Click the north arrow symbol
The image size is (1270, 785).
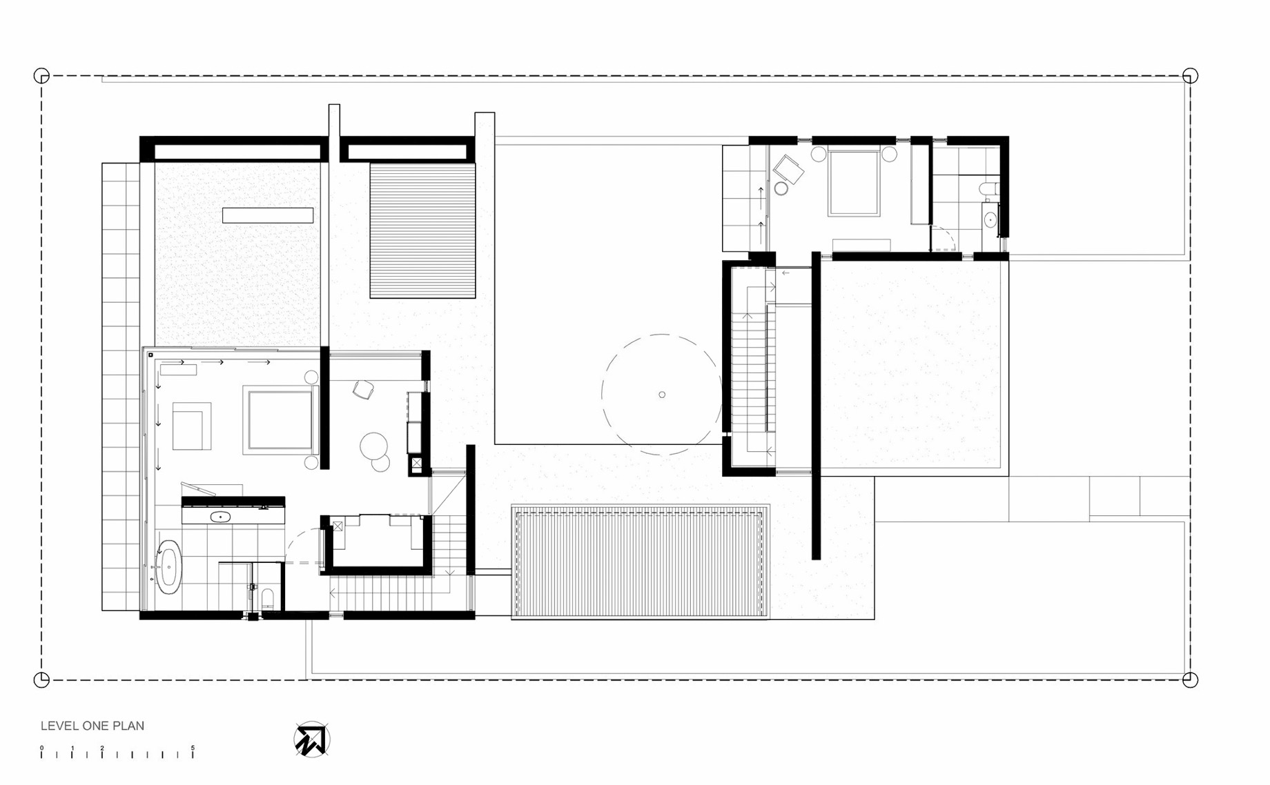tap(311, 740)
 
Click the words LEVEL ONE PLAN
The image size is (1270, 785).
tap(92, 726)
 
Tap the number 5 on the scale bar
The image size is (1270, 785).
tap(193, 748)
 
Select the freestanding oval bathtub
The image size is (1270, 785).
tap(168, 566)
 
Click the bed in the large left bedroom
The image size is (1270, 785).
tap(280, 420)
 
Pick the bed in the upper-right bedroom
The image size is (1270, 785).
tap(854, 183)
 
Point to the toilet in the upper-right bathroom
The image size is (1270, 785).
tap(988, 188)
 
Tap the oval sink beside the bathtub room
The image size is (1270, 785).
tap(220, 516)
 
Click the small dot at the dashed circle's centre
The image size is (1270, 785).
tap(662, 395)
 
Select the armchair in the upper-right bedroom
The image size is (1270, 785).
tap(788, 169)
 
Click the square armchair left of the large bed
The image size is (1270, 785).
tap(191, 426)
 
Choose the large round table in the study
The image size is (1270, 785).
tap(373, 446)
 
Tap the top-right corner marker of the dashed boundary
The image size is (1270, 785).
tap(1190, 76)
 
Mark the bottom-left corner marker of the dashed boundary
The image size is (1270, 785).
tap(41, 680)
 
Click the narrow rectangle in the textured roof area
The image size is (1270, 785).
tap(268, 215)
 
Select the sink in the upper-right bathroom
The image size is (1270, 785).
tap(990, 220)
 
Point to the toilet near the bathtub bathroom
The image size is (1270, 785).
tap(268, 597)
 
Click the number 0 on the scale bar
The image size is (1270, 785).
tap(41, 748)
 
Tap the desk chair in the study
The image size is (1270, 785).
tap(363, 390)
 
